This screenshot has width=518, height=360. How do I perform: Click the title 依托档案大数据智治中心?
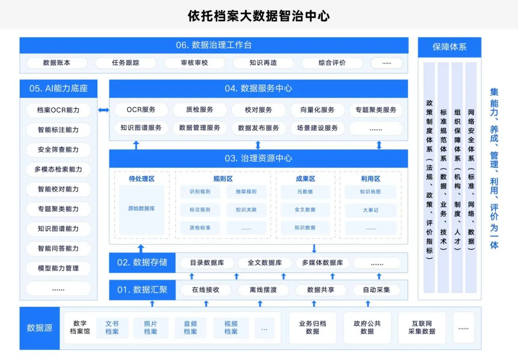pos(259,15)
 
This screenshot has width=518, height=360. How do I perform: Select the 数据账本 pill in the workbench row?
pos(57,63)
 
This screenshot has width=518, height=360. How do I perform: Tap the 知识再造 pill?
pos(263,63)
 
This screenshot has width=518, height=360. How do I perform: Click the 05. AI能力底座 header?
pos(59,89)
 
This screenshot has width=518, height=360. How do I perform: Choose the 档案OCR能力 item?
pos(59,110)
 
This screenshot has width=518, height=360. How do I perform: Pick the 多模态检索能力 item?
pos(59,169)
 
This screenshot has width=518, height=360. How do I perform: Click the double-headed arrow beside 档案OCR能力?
pos(104,110)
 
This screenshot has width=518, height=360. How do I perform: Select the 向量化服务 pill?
pos(317,110)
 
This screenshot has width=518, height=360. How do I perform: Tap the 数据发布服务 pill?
pos(259,128)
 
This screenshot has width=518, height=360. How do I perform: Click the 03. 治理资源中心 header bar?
pos(259,158)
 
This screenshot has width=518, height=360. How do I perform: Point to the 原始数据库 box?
pos(141,209)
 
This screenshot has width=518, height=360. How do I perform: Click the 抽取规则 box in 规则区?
pos(246,192)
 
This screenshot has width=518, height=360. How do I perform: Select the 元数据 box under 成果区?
pos(305,192)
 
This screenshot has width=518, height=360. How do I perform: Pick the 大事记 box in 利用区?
pos(370,210)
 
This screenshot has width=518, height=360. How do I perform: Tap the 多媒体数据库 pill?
pos(322,263)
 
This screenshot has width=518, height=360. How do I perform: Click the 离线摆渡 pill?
pos(263,290)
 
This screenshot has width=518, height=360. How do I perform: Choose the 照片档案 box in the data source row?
pos(151,328)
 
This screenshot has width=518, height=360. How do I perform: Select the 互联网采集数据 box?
pos(422,328)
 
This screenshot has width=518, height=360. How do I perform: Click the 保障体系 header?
pos(449,47)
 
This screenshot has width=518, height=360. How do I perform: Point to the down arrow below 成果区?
pos(314,249)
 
